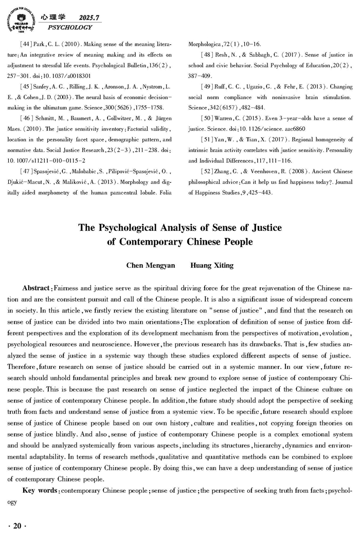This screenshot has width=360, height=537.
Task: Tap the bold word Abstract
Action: [37, 287]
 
